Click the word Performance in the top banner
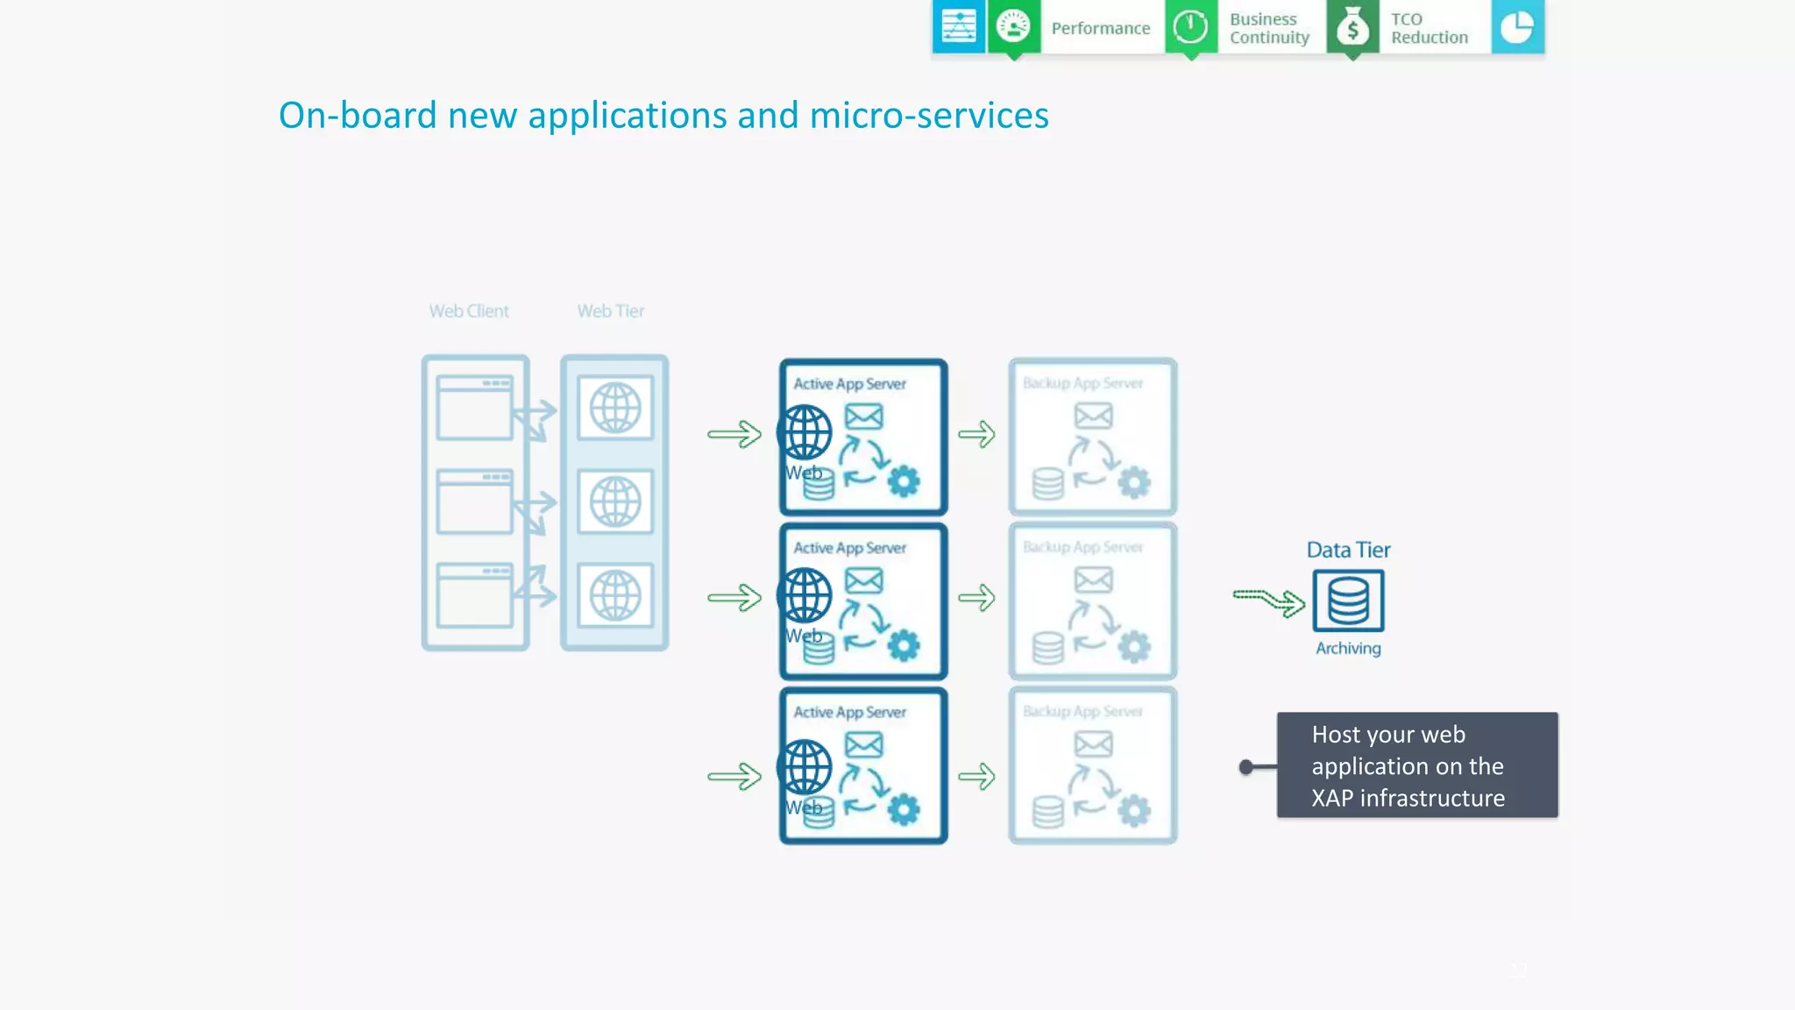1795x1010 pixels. coord(1100,28)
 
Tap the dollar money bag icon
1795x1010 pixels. coord(1352,27)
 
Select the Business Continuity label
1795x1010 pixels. coord(1268,28)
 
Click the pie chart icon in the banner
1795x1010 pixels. coord(1516,27)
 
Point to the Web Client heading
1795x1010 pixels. coord(468,311)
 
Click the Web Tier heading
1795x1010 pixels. coord(610,311)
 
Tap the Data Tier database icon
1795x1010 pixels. coord(1348,601)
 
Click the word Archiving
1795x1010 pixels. coord(1347,648)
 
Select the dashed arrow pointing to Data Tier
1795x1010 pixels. coord(1268,601)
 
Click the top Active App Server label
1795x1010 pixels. coord(849,384)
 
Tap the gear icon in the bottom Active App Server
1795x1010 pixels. coord(904,809)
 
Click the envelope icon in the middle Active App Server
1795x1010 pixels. coord(863,580)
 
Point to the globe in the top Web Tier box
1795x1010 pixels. coord(614,408)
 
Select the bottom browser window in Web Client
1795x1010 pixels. coord(474,596)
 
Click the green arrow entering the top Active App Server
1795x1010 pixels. coord(734,434)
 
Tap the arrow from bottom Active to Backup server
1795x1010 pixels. coord(976,776)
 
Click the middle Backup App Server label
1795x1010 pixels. coord(1082,547)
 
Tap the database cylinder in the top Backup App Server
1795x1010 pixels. coord(1047,483)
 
